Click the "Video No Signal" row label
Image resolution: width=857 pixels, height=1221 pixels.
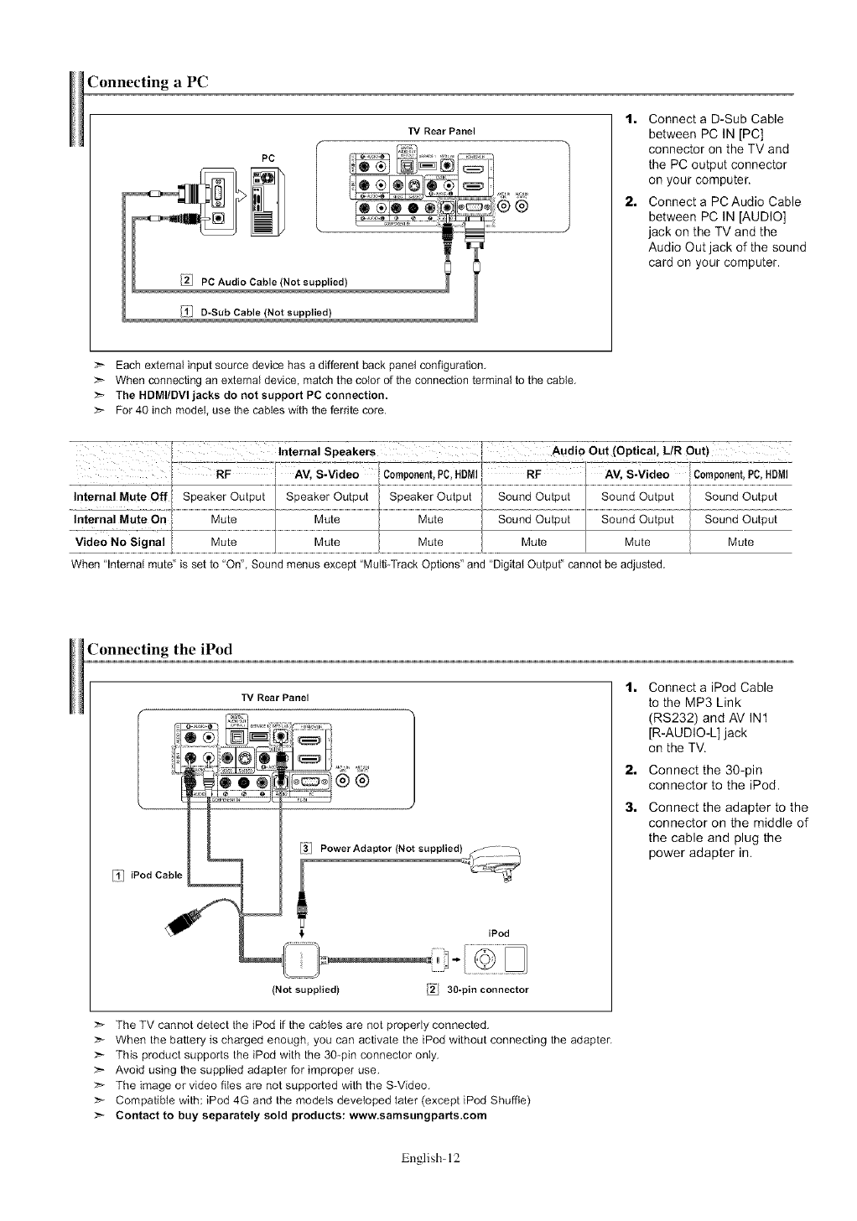(x=123, y=542)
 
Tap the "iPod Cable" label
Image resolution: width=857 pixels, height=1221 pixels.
(x=156, y=875)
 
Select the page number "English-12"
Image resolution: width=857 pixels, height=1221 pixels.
(x=431, y=1158)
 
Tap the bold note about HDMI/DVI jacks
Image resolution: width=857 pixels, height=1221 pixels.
(x=252, y=395)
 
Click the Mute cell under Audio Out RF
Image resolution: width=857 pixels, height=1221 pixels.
(x=533, y=542)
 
